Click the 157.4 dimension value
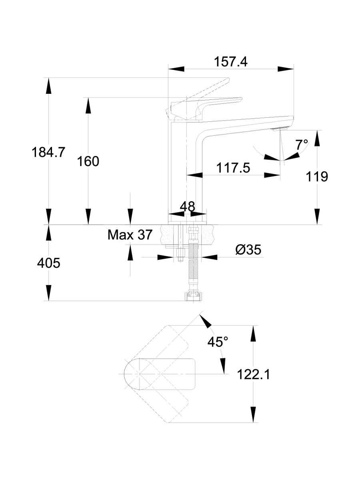pos(231,62)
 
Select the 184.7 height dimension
pos(48,152)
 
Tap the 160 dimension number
pos(88,162)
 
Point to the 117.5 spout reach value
pos(233,168)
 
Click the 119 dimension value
pos(317,176)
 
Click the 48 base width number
pos(187,206)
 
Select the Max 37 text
pos(130,235)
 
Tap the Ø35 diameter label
pos(248,250)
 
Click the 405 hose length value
pos(48,263)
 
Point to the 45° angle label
pos(218,342)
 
